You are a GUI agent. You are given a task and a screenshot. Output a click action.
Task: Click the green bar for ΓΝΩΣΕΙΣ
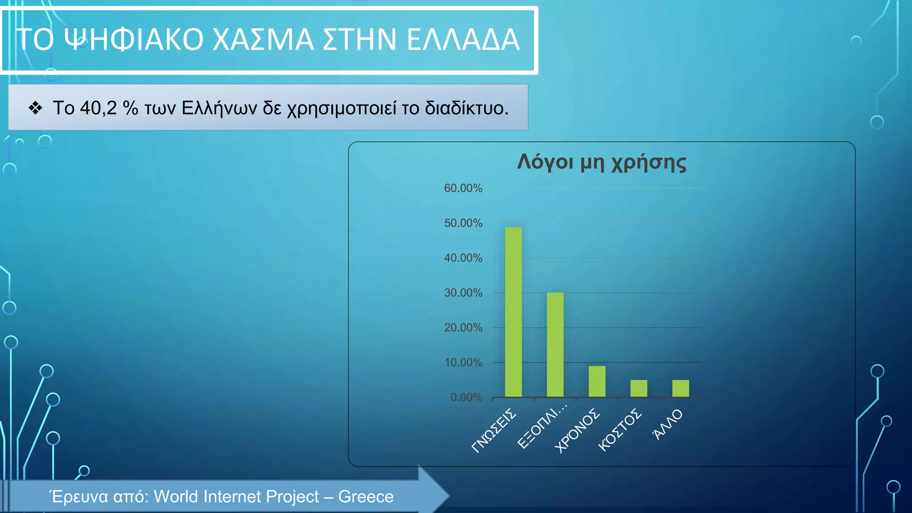pos(513,312)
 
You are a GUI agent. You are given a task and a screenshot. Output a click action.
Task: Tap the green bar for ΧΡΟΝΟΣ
pos(597,381)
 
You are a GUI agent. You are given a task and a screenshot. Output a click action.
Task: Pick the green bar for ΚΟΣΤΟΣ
pos(639,388)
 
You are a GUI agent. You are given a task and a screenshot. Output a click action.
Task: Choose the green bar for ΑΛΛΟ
pos(680,388)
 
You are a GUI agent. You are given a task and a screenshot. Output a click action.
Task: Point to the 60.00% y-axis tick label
pos(463,188)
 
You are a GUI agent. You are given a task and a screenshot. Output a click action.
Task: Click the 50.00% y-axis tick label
pos(463,223)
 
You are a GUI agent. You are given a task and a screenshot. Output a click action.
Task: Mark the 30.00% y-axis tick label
pos(463,293)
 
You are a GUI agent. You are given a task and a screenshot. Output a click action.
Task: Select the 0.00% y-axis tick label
pos(466,397)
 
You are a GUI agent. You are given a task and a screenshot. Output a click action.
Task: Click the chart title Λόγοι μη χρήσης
pos(601,162)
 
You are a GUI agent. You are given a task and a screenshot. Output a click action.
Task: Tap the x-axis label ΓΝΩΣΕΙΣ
pos(494,431)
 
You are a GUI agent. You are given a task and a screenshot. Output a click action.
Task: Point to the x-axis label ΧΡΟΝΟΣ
pos(578,431)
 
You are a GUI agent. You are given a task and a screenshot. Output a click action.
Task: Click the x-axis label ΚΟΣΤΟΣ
pos(619,430)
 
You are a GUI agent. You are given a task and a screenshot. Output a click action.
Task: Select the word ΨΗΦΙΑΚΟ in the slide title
pos(134,40)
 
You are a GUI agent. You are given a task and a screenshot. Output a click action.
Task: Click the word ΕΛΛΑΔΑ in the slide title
pos(463,40)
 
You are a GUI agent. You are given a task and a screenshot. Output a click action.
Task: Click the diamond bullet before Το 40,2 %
pos(35,108)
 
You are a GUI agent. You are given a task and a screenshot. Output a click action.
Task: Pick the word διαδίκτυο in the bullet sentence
pos(466,108)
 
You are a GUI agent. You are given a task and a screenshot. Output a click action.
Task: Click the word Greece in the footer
pos(366,497)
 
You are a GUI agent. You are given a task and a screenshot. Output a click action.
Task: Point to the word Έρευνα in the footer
pos(78,497)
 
